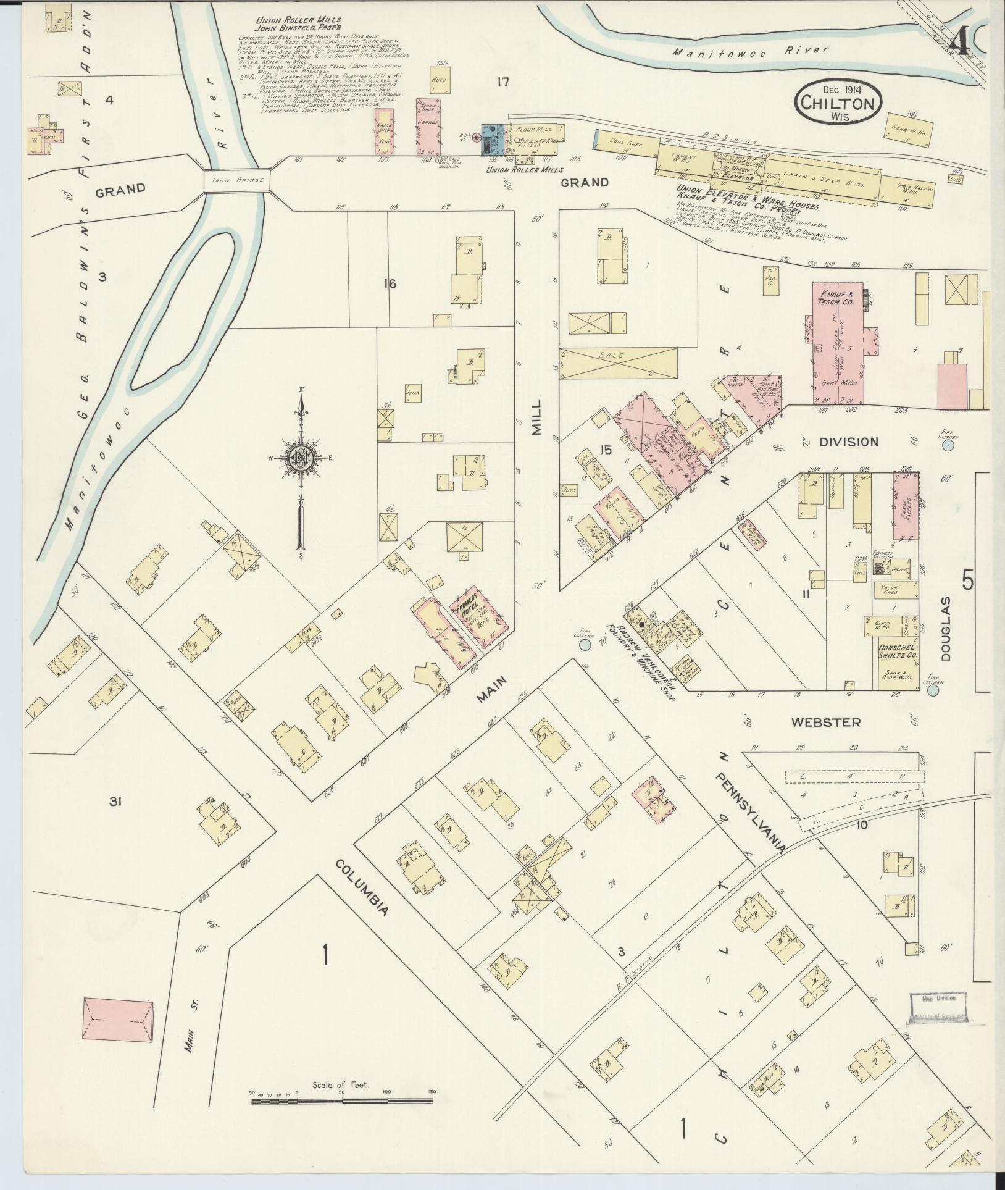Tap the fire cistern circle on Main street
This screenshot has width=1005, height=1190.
point(584,645)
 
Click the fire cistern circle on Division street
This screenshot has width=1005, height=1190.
point(948,445)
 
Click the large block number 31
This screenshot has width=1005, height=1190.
point(114,802)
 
